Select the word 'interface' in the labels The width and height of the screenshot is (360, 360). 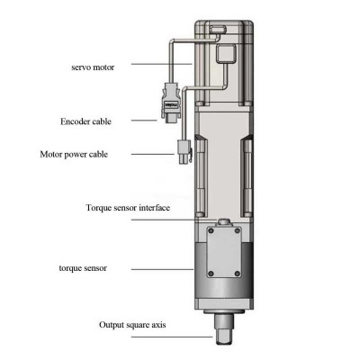click(x=179, y=209)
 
